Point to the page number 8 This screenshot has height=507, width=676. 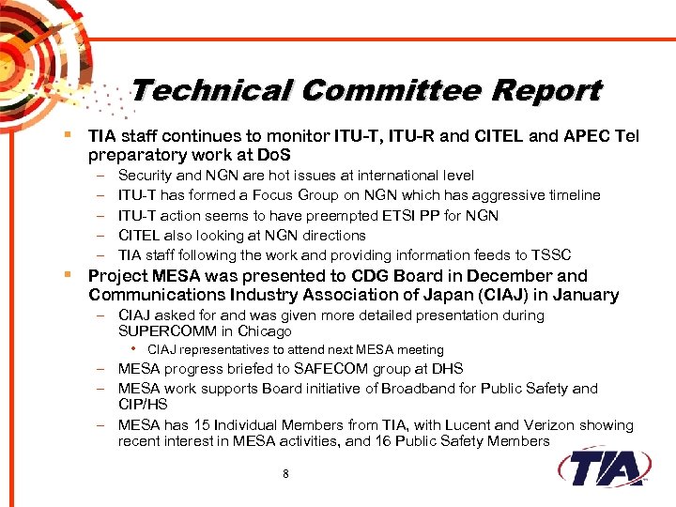285,473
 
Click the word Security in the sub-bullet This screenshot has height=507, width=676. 144,176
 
